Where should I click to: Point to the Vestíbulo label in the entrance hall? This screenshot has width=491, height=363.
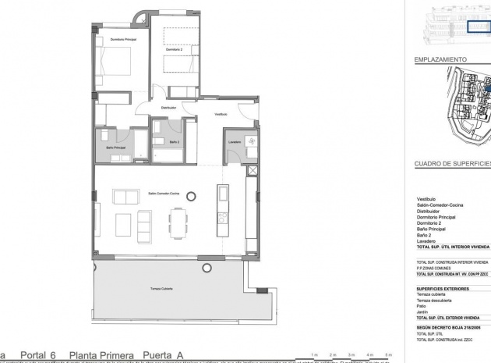click(221, 114)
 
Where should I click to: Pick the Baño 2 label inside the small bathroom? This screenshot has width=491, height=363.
click(175, 142)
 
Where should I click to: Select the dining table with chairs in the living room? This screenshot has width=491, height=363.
click(178, 223)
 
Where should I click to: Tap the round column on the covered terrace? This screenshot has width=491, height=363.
click(207, 267)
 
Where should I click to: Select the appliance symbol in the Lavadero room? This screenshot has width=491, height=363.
click(252, 141)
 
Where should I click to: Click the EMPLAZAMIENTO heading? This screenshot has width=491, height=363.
click(441, 59)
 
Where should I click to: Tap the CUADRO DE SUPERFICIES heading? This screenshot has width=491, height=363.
click(451, 164)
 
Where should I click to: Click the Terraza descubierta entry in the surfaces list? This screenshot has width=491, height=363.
click(434, 300)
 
